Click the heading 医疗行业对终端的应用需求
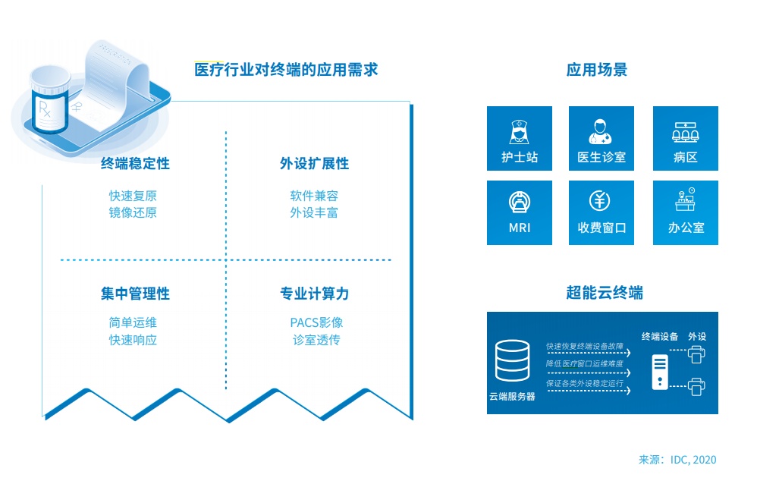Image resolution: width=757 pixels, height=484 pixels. point(286,71)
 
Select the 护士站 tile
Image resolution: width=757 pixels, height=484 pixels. point(520,138)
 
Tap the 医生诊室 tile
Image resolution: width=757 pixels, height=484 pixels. point(602,138)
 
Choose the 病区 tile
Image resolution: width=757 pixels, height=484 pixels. point(685,138)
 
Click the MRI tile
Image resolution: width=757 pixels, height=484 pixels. point(520,212)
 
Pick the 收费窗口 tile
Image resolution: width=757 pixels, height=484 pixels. point(602,212)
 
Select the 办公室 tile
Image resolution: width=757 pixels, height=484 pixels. point(685,212)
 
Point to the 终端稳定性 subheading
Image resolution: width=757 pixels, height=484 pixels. point(135,164)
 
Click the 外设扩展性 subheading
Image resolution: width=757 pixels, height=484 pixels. point(314,164)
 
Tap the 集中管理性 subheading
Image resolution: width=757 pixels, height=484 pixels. point(135,294)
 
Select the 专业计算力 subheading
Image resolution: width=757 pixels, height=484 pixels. point(314,294)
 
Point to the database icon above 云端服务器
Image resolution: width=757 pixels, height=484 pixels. point(512,361)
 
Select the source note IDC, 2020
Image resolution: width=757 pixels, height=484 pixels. point(677,460)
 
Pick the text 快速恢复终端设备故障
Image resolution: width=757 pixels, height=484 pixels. point(585,347)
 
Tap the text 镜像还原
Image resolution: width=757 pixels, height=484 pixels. point(133,212)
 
